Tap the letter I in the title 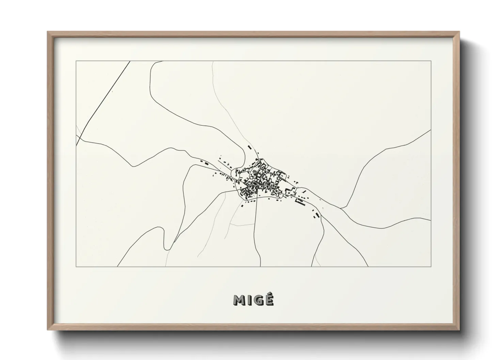coord(249,300)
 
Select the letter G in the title coord(257,300)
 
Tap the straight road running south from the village coord(257,231)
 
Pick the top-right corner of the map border coord(431,61)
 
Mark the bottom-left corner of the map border coord(76,266)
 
